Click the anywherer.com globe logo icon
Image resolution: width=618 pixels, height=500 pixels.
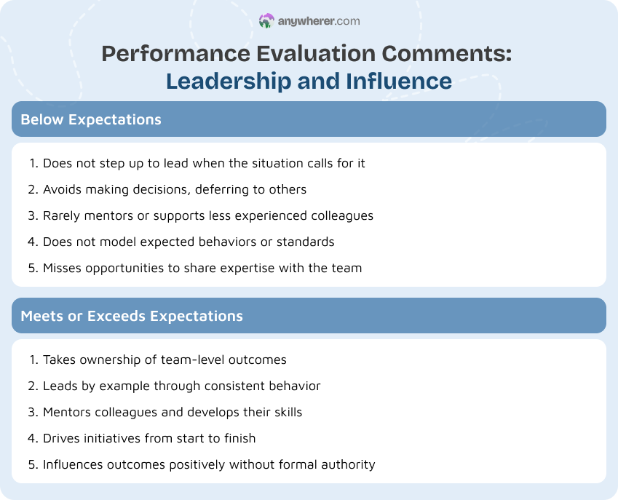(x=266, y=21)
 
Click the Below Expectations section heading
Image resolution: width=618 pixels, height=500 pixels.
(x=91, y=119)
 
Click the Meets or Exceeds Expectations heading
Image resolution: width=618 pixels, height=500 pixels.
(x=132, y=316)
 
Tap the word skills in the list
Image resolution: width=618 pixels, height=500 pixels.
(x=285, y=412)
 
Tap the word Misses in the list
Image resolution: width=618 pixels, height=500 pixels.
(x=63, y=268)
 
